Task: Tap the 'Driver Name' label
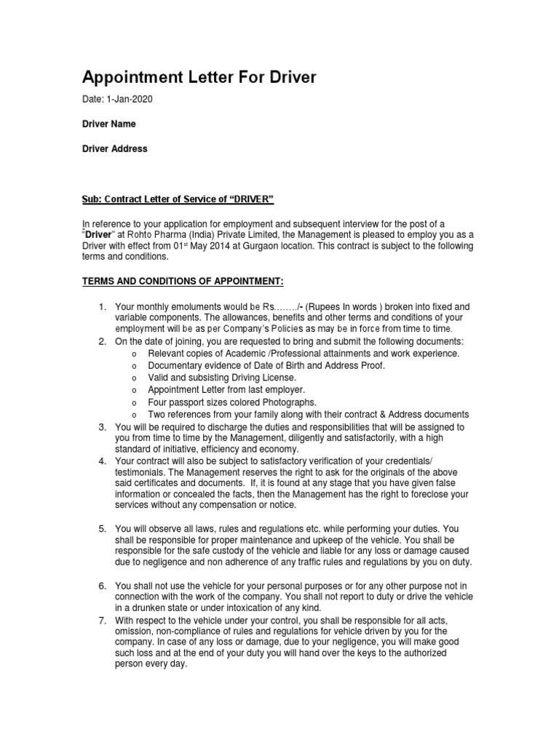[108, 124]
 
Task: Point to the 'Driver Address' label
[114, 148]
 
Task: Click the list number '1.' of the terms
[103, 307]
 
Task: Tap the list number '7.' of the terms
[103, 620]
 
